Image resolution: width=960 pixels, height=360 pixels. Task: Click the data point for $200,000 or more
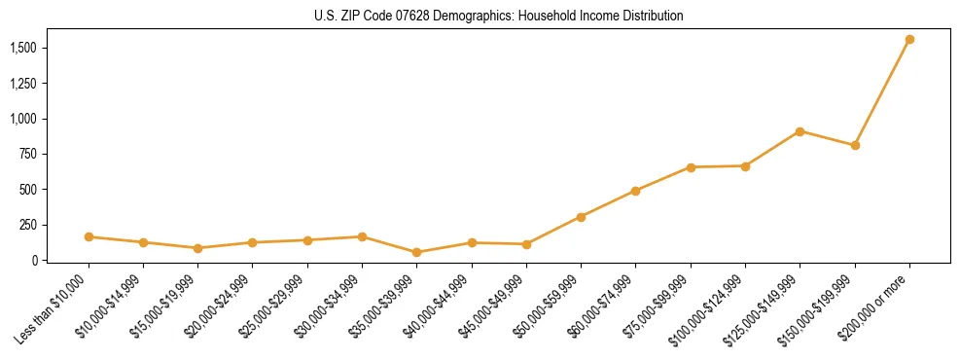(909, 40)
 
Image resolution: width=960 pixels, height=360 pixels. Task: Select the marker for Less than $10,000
(89, 236)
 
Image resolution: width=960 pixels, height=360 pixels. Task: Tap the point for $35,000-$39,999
(417, 252)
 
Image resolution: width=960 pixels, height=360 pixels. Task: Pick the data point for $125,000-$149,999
(800, 131)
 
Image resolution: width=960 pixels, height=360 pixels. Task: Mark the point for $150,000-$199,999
(855, 145)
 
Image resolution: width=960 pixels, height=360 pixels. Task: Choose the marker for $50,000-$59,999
(581, 217)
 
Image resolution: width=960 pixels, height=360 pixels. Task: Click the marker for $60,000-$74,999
(635, 191)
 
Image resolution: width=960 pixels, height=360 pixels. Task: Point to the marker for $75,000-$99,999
(691, 167)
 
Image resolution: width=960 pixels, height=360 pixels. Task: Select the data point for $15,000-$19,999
(198, 248)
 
